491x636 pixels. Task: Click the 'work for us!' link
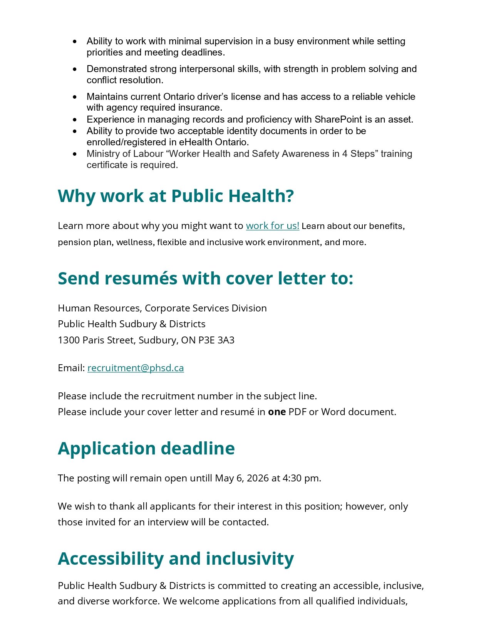[x=272, y=225]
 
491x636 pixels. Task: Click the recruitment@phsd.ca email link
[x=136, y=368]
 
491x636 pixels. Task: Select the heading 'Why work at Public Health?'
[x=176, y=196]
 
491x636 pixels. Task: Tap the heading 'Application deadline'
[x=146, y=448]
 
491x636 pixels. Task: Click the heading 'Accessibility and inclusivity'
[x=176, y=559]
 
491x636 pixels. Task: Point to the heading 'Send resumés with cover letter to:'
[x=205, y=278]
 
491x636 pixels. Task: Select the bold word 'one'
[x=277, y=412]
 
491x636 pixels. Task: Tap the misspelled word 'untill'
[x=201, y=478]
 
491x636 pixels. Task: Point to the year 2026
[x=258, y=478]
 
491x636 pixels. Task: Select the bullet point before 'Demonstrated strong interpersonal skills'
[x=75, y=69]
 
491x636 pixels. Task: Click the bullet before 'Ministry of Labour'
[x=75, y=154]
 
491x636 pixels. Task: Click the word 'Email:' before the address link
[x=71, y=368]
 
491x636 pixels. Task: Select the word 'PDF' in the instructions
[x=297, y=412]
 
